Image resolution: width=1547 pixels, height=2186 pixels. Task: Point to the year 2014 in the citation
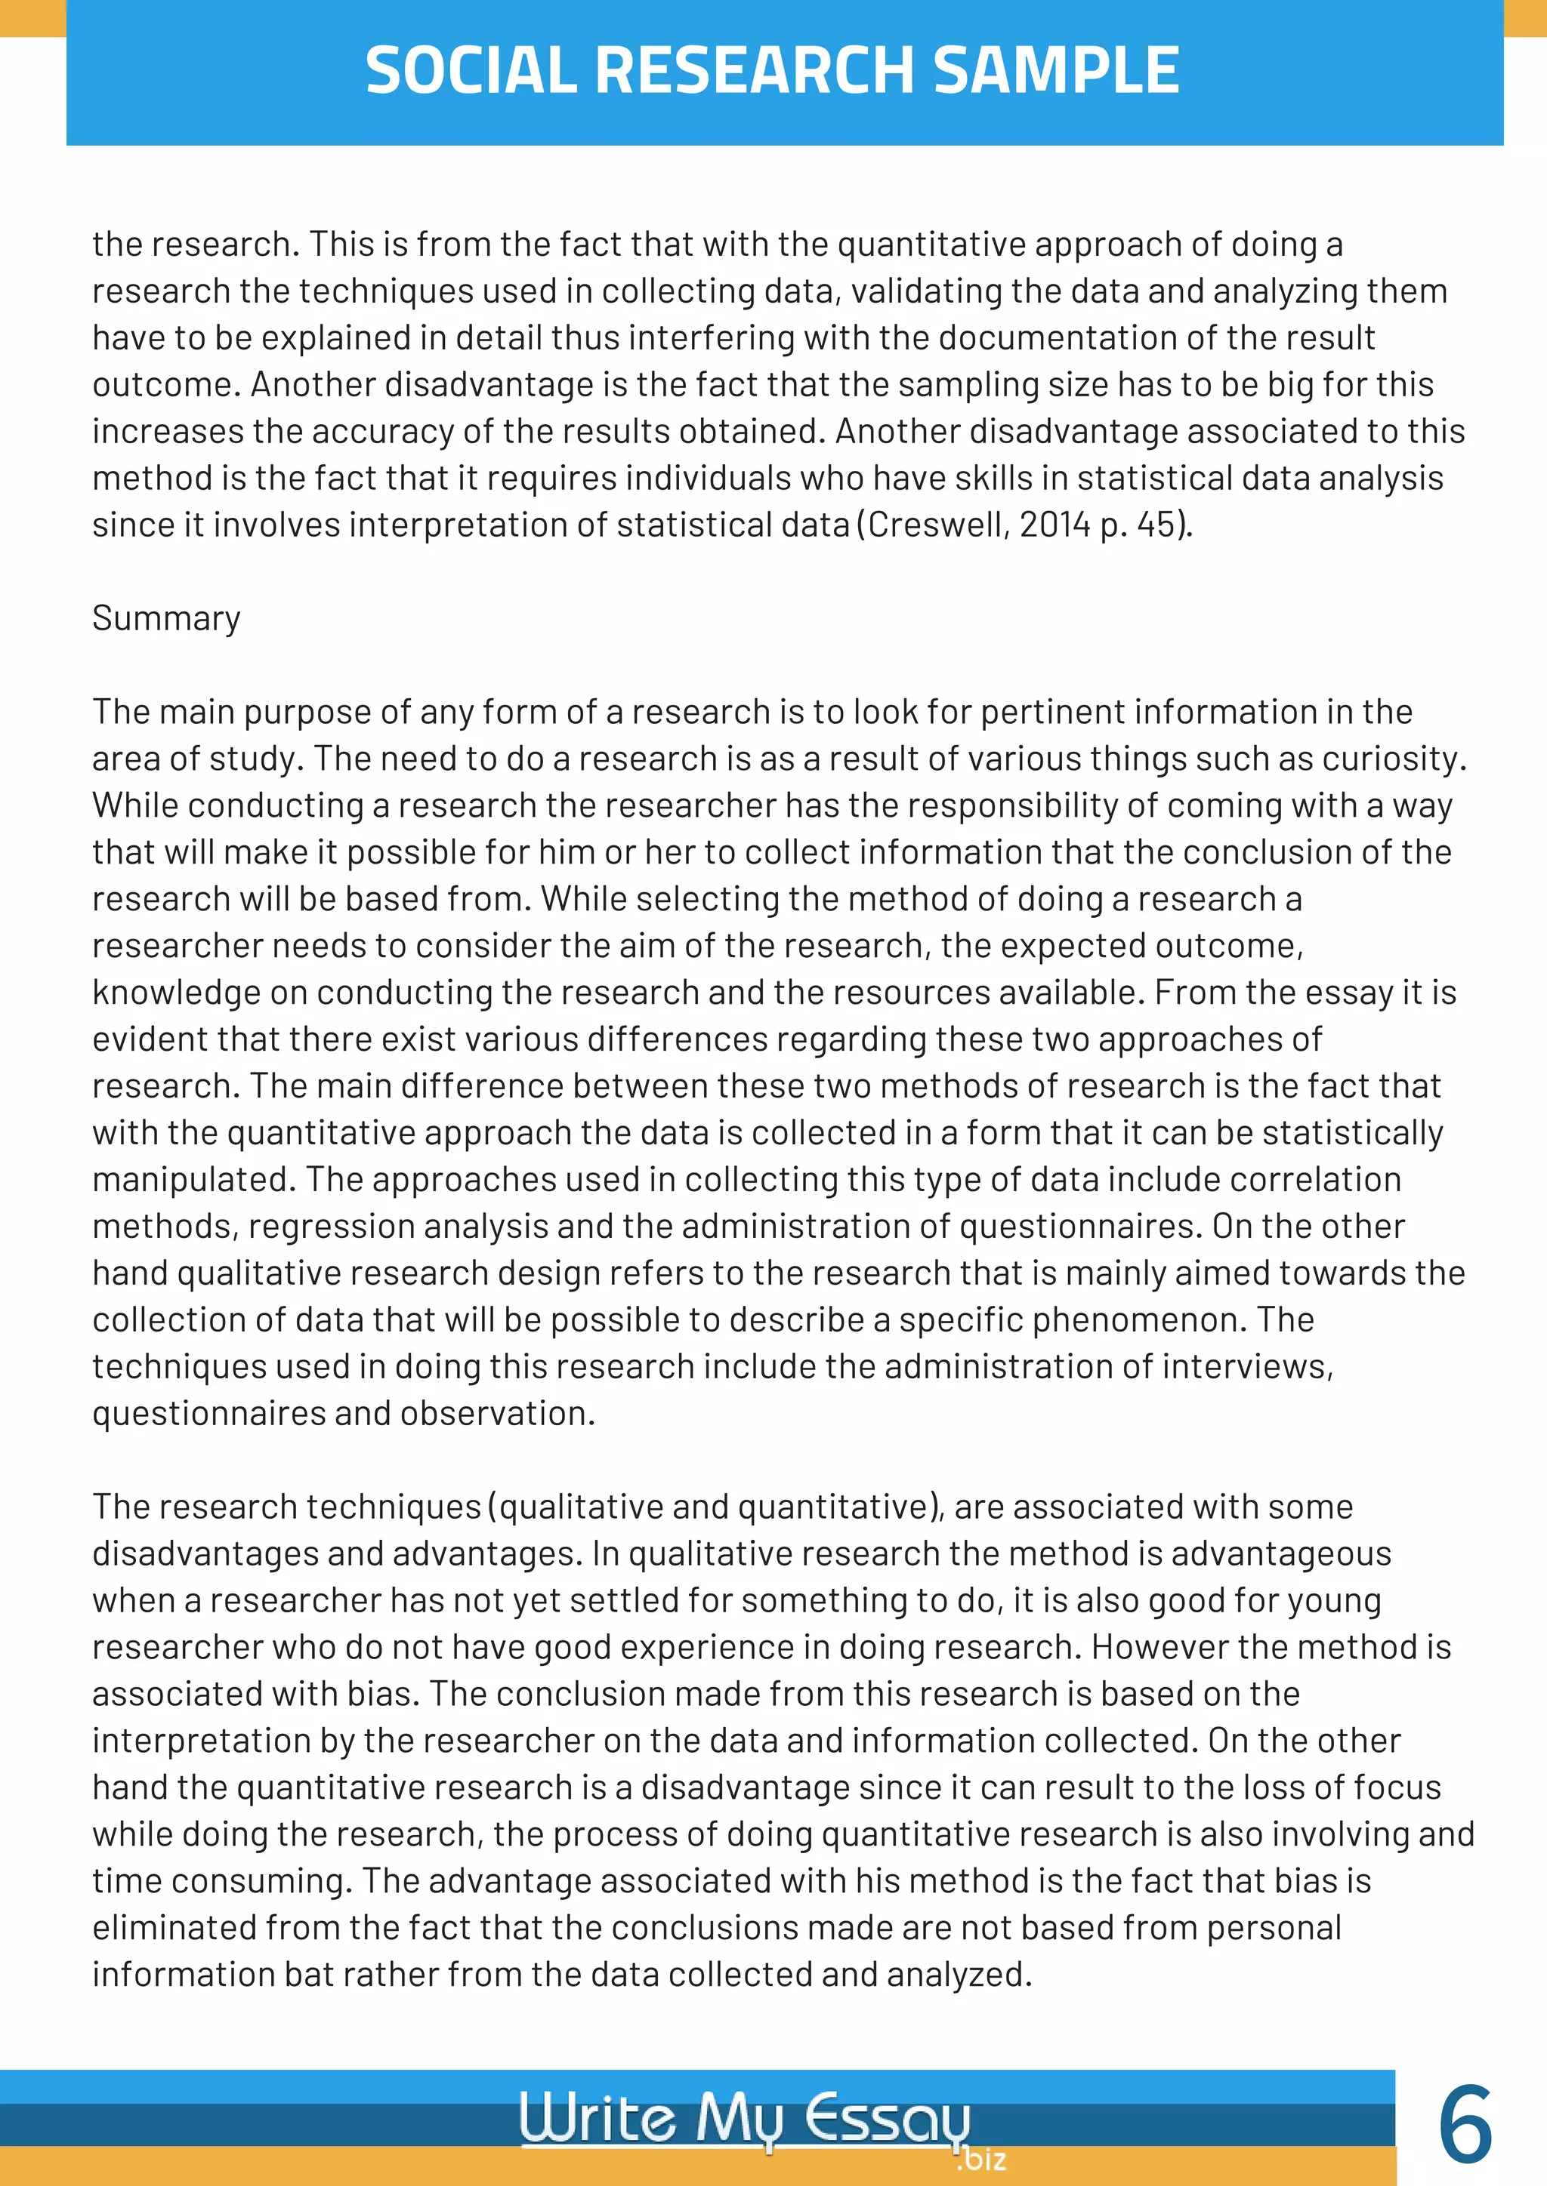[x=1054, y=525]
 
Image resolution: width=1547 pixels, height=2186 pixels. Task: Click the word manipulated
[x=190, y=1180]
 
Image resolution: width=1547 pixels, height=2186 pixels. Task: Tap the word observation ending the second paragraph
[x=496, y=1413]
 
